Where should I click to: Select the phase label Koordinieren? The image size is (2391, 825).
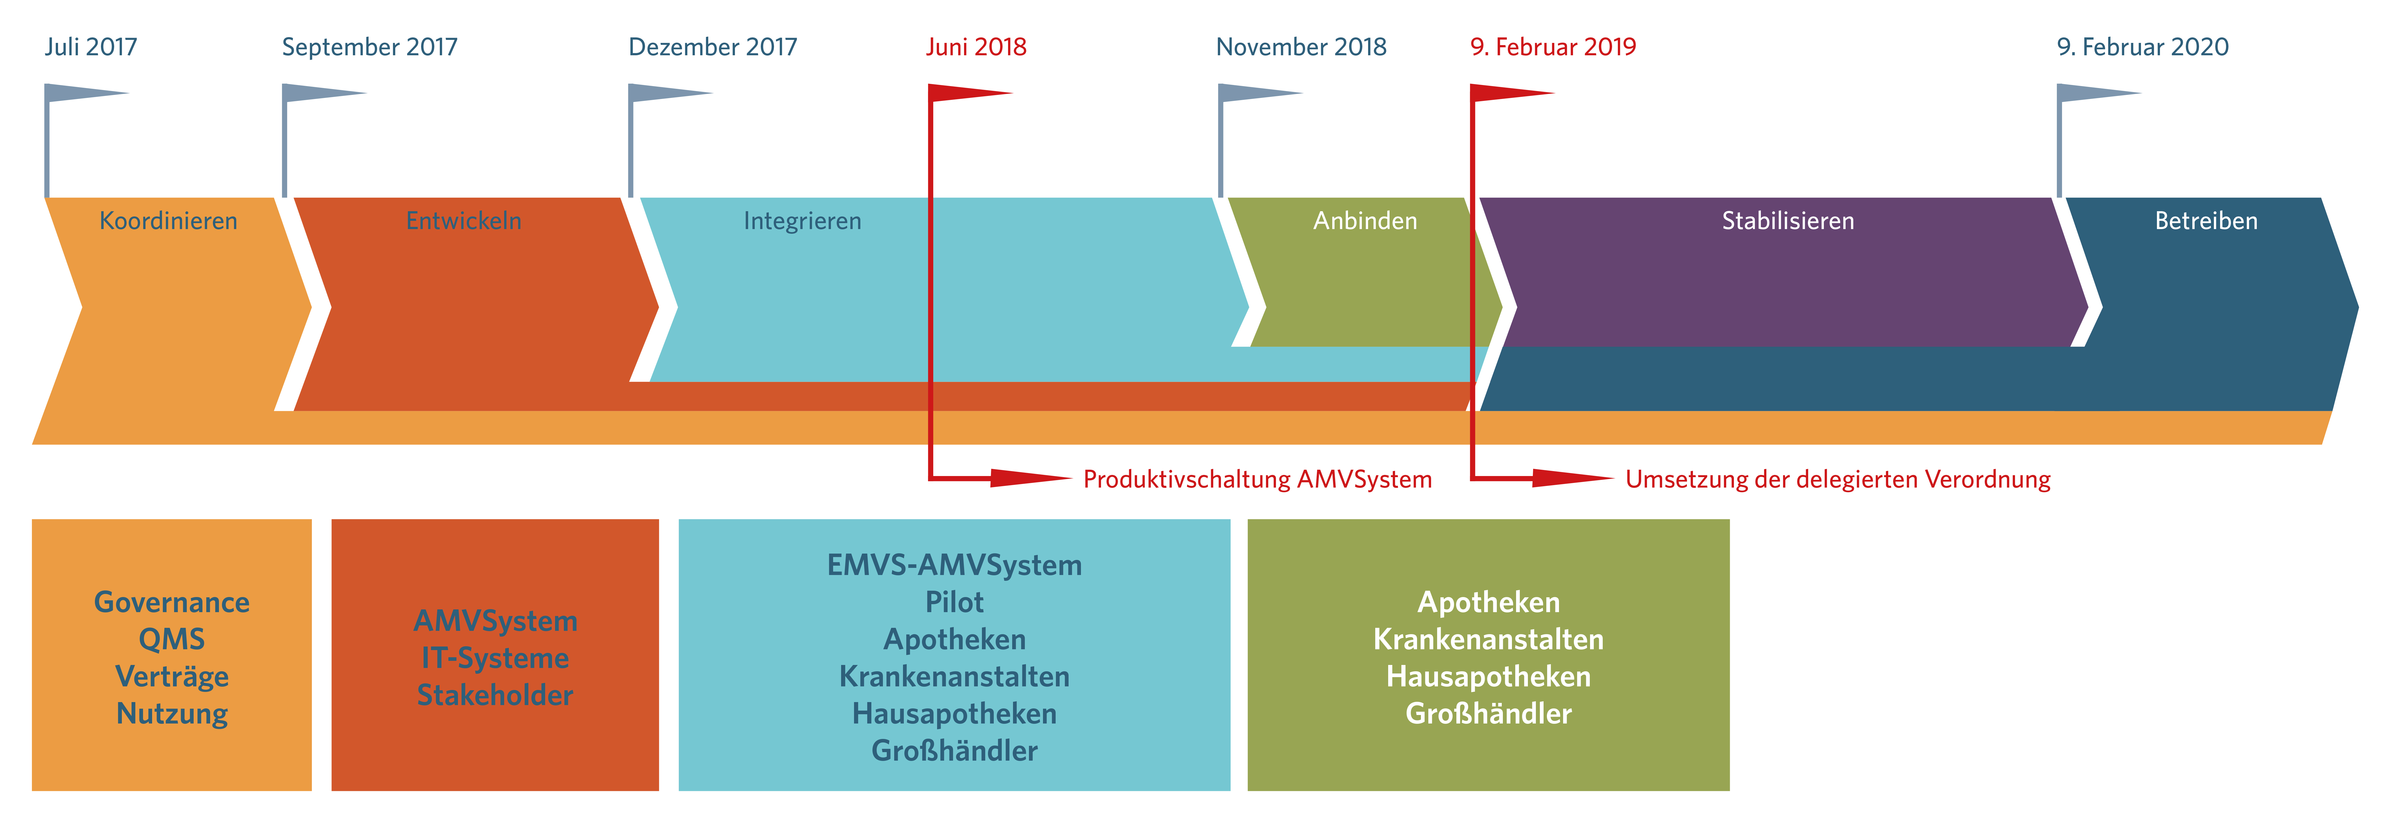[168, 221]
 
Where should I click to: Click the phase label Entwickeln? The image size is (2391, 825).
[464, 221]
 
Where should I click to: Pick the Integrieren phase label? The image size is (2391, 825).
[803, 221]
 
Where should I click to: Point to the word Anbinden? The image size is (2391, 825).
[1365, 221]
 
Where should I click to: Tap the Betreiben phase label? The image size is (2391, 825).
[2206, 221]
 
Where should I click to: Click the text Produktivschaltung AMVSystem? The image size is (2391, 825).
[1258, 480]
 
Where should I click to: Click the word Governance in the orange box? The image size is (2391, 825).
[172, 602]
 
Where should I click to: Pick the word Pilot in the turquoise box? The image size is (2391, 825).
[954, 602]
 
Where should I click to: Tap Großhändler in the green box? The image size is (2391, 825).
[1489, 714]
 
